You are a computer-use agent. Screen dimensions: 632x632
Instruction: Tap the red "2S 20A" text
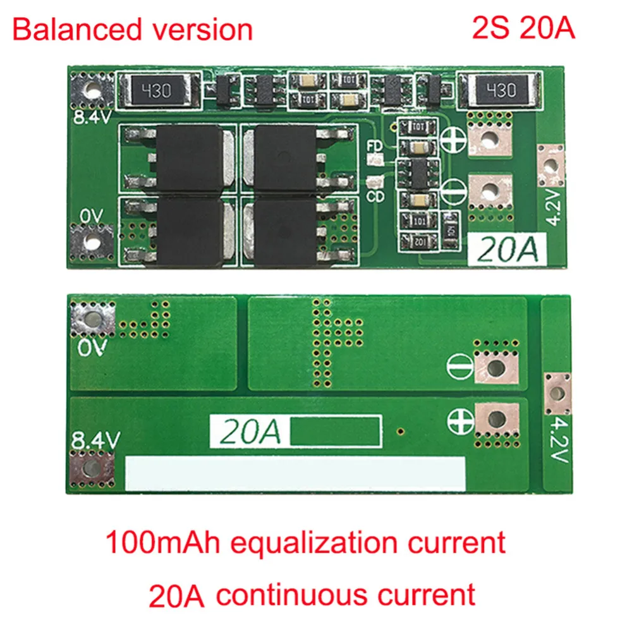click(x=523, y=29)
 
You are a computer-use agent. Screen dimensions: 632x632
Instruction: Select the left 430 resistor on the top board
click(x=156, y=91)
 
